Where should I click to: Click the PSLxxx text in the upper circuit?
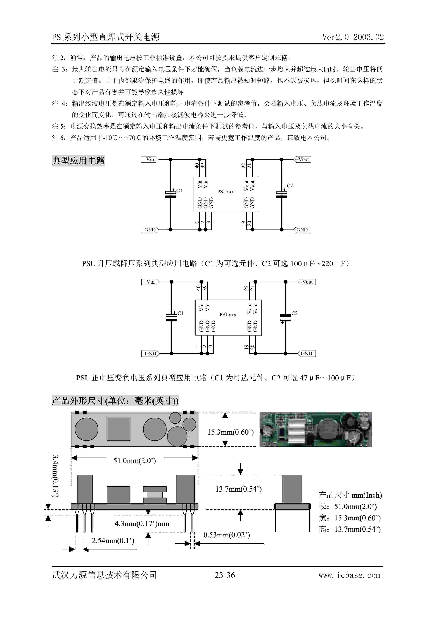[x=225, y=192]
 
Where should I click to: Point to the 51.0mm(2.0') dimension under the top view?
[x=134, y=461]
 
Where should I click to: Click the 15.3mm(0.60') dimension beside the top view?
[x=231, y=432]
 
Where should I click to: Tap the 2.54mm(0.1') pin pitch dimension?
[x=113, y=541]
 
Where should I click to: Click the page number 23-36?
[x=225, y=575]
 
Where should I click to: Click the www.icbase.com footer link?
[x=349, y=575]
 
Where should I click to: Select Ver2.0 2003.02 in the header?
[x=353, y=37]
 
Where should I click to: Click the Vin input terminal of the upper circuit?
[x=150, y=159]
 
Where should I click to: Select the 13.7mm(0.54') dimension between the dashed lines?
[x=238, y=489]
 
